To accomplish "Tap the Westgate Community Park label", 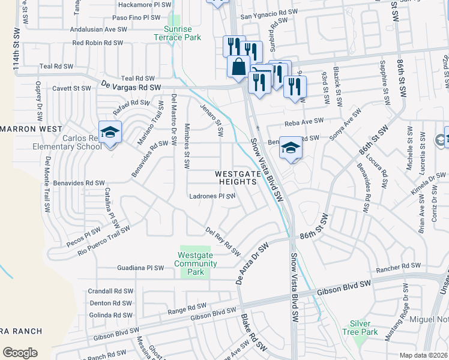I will pos(196,263).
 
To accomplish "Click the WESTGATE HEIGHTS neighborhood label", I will pos(238,178).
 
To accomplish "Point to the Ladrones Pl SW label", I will pos(212,196).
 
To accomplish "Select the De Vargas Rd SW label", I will pos(131,87).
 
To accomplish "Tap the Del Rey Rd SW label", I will pos(218,237).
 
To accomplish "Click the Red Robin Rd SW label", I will pos(97,43).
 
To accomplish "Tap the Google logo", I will pos(20,353).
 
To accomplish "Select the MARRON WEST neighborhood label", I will pos(31,129).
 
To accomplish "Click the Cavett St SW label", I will pos(71,88).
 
